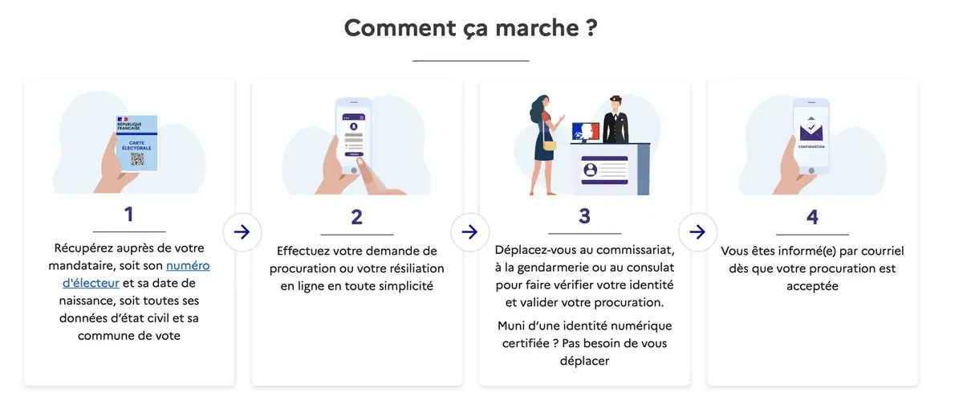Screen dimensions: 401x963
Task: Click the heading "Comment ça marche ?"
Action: click(x=471, y=28)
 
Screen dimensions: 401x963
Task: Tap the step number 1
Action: click(x=128, y=215)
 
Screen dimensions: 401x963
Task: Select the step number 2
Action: click(x=356, y=216)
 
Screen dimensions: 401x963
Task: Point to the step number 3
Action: click(x=584, y=216)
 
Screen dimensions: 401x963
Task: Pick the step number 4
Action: click(x=812, y=216)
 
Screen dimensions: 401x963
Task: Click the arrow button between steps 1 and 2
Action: click(x=242, y=232)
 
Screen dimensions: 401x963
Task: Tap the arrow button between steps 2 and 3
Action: click(x=470, y=232)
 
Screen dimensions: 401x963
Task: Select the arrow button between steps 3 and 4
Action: click(x=697, y=232)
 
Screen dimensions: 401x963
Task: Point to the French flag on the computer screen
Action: click(x=585, y=132)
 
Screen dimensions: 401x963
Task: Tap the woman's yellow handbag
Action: click(x=550, y=145)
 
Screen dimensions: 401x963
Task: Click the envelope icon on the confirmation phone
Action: click(x=812, y=128)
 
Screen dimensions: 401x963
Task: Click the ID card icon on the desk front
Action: click(x=591, y=170)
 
